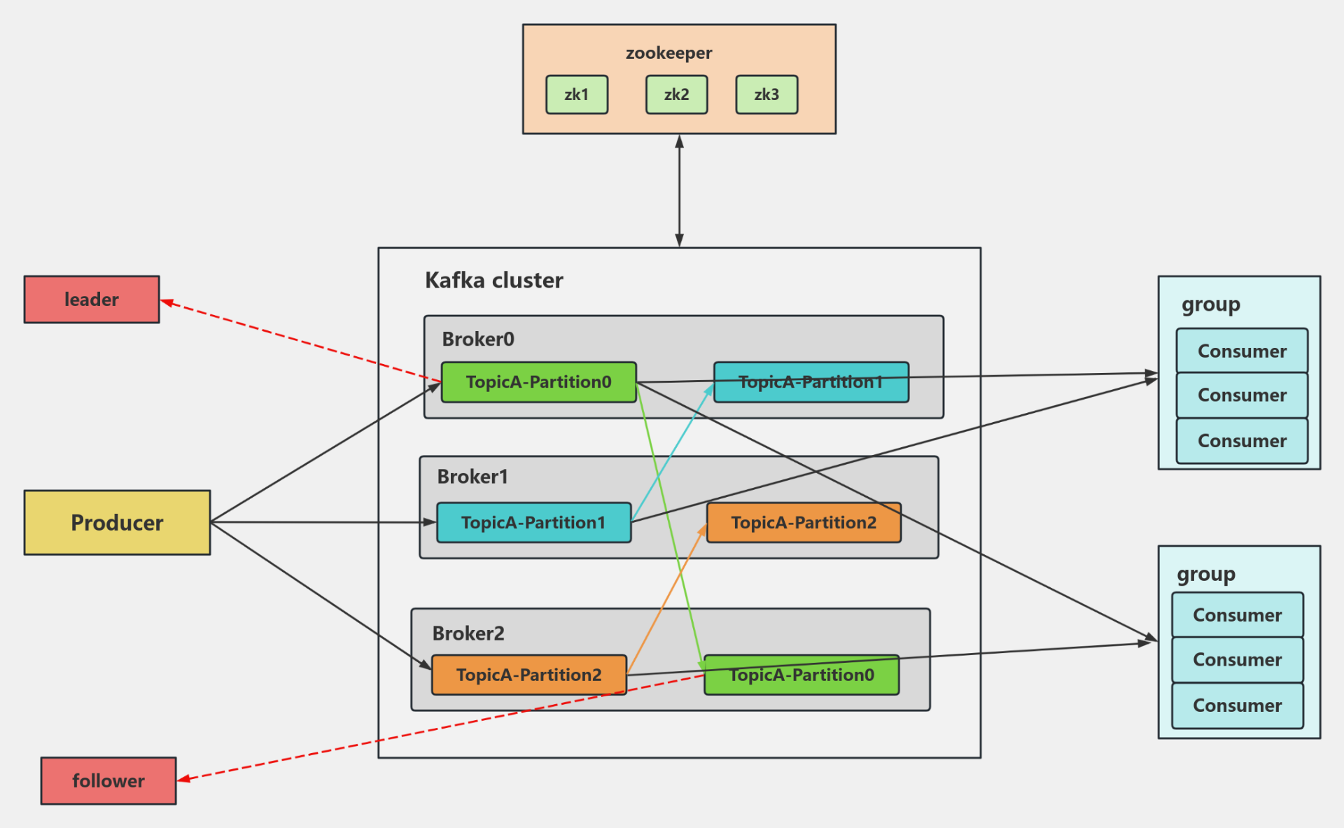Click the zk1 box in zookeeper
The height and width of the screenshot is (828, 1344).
click(577, 94)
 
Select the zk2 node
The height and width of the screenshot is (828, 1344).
click(676, 94)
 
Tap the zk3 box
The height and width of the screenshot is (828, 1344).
click(766, 94)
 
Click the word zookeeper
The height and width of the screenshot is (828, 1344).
click(668, 53)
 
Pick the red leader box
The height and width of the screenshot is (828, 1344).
click(92, 300)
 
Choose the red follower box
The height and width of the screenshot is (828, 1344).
click(108, 780)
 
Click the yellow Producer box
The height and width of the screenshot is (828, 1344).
click(117, 523)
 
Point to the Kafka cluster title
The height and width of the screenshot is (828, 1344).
click(493, 281)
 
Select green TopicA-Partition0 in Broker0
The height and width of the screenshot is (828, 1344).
click(538, 382)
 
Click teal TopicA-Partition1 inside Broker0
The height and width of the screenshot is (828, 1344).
click(811, 383)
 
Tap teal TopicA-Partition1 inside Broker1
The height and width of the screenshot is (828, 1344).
click(533, 523)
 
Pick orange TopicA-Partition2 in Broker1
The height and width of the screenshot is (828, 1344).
click(804, 523)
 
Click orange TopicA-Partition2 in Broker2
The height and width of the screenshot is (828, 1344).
click(528, 675)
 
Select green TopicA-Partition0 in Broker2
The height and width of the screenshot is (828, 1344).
click(801, 675)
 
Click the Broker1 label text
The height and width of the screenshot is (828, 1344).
click(472, 477)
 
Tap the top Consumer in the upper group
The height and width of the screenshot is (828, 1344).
click(1242, 351)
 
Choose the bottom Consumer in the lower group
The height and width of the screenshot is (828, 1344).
click(1237, 706)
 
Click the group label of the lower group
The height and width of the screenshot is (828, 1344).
click(1205, 575)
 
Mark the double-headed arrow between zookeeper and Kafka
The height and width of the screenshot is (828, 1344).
click(679, 190)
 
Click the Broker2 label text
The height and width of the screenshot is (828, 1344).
click(468, 633)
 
